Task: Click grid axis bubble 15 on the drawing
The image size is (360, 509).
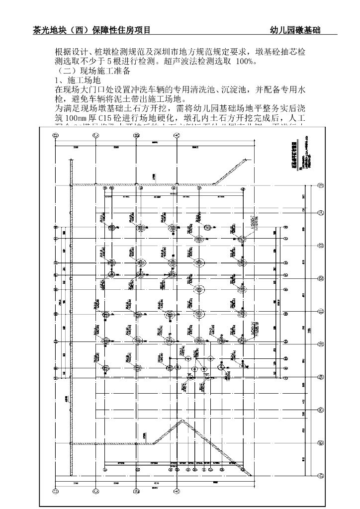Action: pos(321,185)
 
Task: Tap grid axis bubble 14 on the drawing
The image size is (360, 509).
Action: pos(321,212)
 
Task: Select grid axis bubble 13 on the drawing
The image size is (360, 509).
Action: pos(321,246)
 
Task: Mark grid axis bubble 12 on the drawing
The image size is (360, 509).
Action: pos(321,278)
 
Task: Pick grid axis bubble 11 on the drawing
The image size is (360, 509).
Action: pos(321,311)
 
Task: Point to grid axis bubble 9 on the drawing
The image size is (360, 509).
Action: pos(321,377)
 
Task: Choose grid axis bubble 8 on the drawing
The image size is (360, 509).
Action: pos(321,410)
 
